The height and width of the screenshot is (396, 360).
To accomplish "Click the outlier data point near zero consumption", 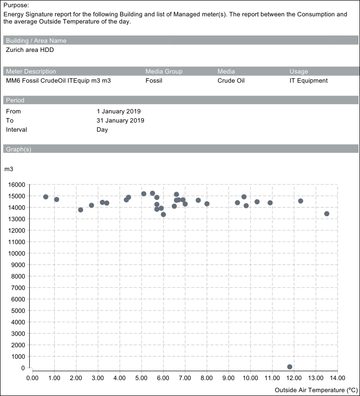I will [x=289, y=367].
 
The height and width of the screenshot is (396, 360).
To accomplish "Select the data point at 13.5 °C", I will [x=327, y=214].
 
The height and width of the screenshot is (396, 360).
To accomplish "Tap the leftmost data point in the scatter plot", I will [x=46, y=197].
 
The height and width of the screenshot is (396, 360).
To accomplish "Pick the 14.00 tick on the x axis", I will [x=337, y=378].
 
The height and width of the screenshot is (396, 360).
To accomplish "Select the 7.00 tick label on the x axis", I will [x=185, y=378].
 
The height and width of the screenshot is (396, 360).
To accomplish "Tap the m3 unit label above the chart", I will [x=9, y=169].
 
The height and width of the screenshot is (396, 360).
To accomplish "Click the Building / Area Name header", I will [x=36, y=41].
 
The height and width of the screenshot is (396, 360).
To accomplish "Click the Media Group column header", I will [x=164, y=72].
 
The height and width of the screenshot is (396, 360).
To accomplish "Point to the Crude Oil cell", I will [x=231, y=81].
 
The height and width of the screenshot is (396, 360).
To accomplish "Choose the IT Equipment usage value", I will [x=309, y=81].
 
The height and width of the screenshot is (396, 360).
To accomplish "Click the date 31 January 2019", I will [x=120, y=121].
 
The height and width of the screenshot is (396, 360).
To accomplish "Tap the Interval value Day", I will [x=102, y=130].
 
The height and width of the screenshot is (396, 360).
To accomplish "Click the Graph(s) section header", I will [x=19, y=149].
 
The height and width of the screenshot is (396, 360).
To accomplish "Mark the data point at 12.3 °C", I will [x=300, y=201].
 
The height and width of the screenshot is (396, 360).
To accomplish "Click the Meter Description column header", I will [x=31, y=72].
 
